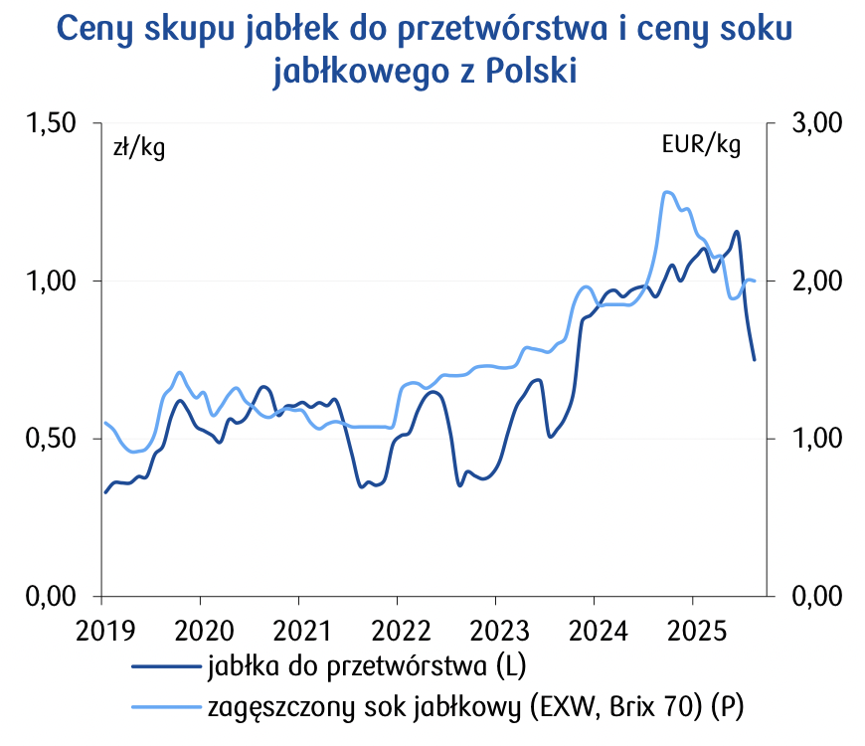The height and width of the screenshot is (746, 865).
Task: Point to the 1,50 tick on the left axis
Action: click(50, 123)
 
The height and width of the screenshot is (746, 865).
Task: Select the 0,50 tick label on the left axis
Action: click(50, 439)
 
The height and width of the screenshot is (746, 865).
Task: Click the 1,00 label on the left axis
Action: click(50, 280)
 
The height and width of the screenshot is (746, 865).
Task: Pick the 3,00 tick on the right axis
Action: click(815, 123)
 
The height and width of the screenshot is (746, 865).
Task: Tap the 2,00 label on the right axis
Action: click(815, 280)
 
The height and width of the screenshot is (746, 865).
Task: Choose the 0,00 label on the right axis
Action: click(815, 596)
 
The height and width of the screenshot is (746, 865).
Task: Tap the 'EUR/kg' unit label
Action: click(701, 145)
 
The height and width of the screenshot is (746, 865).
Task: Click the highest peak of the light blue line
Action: click(667, 192)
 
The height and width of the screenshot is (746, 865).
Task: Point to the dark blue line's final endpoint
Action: click(754, 359)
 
